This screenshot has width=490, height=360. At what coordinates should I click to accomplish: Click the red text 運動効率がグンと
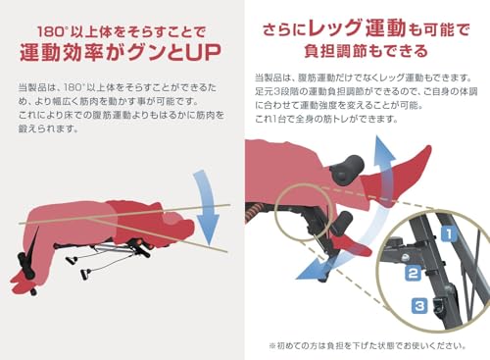pyautogui.click(x=107, y=46)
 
